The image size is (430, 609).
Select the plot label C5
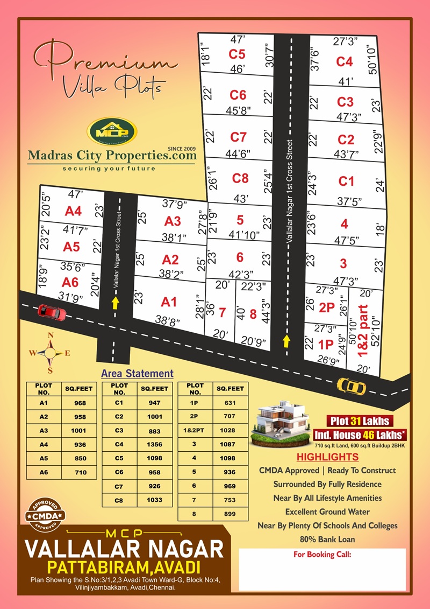tap(237, 54)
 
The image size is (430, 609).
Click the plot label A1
tap(169, 302)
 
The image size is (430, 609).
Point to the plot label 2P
tap(327, 307)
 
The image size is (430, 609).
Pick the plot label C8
tap(240, 177)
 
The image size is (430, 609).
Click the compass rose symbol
tap(51, 352)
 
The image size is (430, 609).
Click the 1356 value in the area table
tap(155, 444)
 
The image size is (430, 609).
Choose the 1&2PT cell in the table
tap(195, 430)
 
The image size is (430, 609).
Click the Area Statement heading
tap(137, 373)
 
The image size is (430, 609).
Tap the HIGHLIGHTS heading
tap(327, 457)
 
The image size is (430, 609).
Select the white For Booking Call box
tap(322, 570)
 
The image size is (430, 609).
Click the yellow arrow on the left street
tap(115, 304)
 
